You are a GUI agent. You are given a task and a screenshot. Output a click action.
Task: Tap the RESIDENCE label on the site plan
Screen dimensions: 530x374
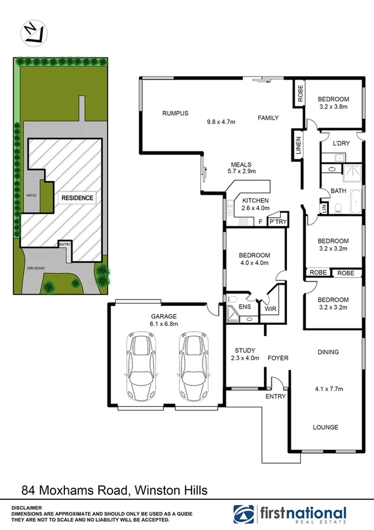77,198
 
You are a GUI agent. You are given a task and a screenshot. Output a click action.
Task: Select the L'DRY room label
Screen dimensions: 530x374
341,144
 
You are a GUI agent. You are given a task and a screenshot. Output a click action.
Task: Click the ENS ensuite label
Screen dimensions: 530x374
245,307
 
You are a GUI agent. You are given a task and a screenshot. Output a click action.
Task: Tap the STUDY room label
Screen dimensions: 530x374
244,350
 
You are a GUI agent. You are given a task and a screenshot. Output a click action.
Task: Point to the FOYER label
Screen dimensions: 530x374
277,358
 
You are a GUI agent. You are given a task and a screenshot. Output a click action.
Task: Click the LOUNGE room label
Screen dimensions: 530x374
325,427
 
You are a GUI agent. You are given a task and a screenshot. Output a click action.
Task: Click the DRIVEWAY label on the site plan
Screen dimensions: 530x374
37,268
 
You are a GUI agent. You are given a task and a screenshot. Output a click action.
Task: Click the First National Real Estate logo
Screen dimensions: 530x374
289,513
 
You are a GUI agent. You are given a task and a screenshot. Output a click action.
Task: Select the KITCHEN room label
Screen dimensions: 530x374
255,200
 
